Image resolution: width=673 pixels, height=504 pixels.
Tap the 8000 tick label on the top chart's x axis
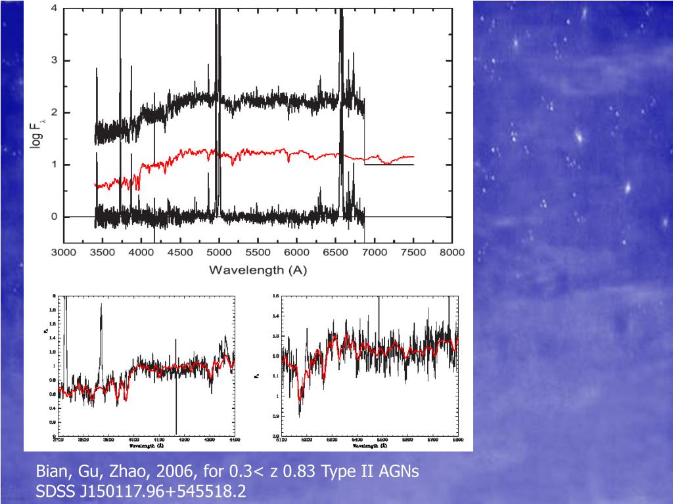(x=452, y=252)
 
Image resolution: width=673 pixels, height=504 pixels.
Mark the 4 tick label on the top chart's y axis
(x=53, y=9)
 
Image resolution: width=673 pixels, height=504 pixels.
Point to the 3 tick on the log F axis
(x=53, y=60)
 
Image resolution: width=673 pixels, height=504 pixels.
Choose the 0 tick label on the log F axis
(x=53, y=217)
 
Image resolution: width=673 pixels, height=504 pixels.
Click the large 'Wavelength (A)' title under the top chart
(x=258, y=270)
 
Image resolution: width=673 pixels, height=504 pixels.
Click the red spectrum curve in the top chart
(x=263, y=156)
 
